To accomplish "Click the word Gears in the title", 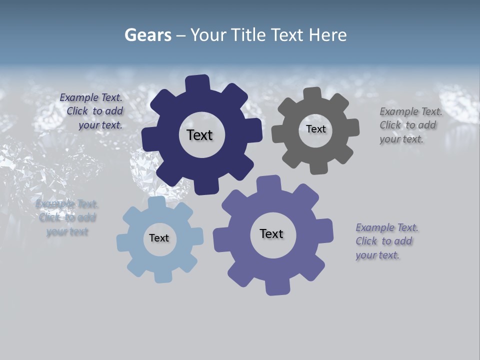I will pyautogui.click(x=148, y=35).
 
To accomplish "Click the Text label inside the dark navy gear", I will pyautogui.click(x=199, y=135).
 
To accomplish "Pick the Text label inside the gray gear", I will pyautogui.click(x=315, y=129).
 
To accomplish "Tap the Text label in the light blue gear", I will pyautogui.click(x=159, y=238).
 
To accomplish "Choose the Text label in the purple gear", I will pyautogui.click(x=271, y=233).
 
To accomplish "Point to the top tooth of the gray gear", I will pyautogui.click(x=312, y=95).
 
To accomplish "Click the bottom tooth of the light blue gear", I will pyautogui.click(x=162, y=275).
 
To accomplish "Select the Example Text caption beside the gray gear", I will pyautogui.click(x=408, y=125).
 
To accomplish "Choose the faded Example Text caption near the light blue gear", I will pyautogui.click(x=67, y=217).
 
